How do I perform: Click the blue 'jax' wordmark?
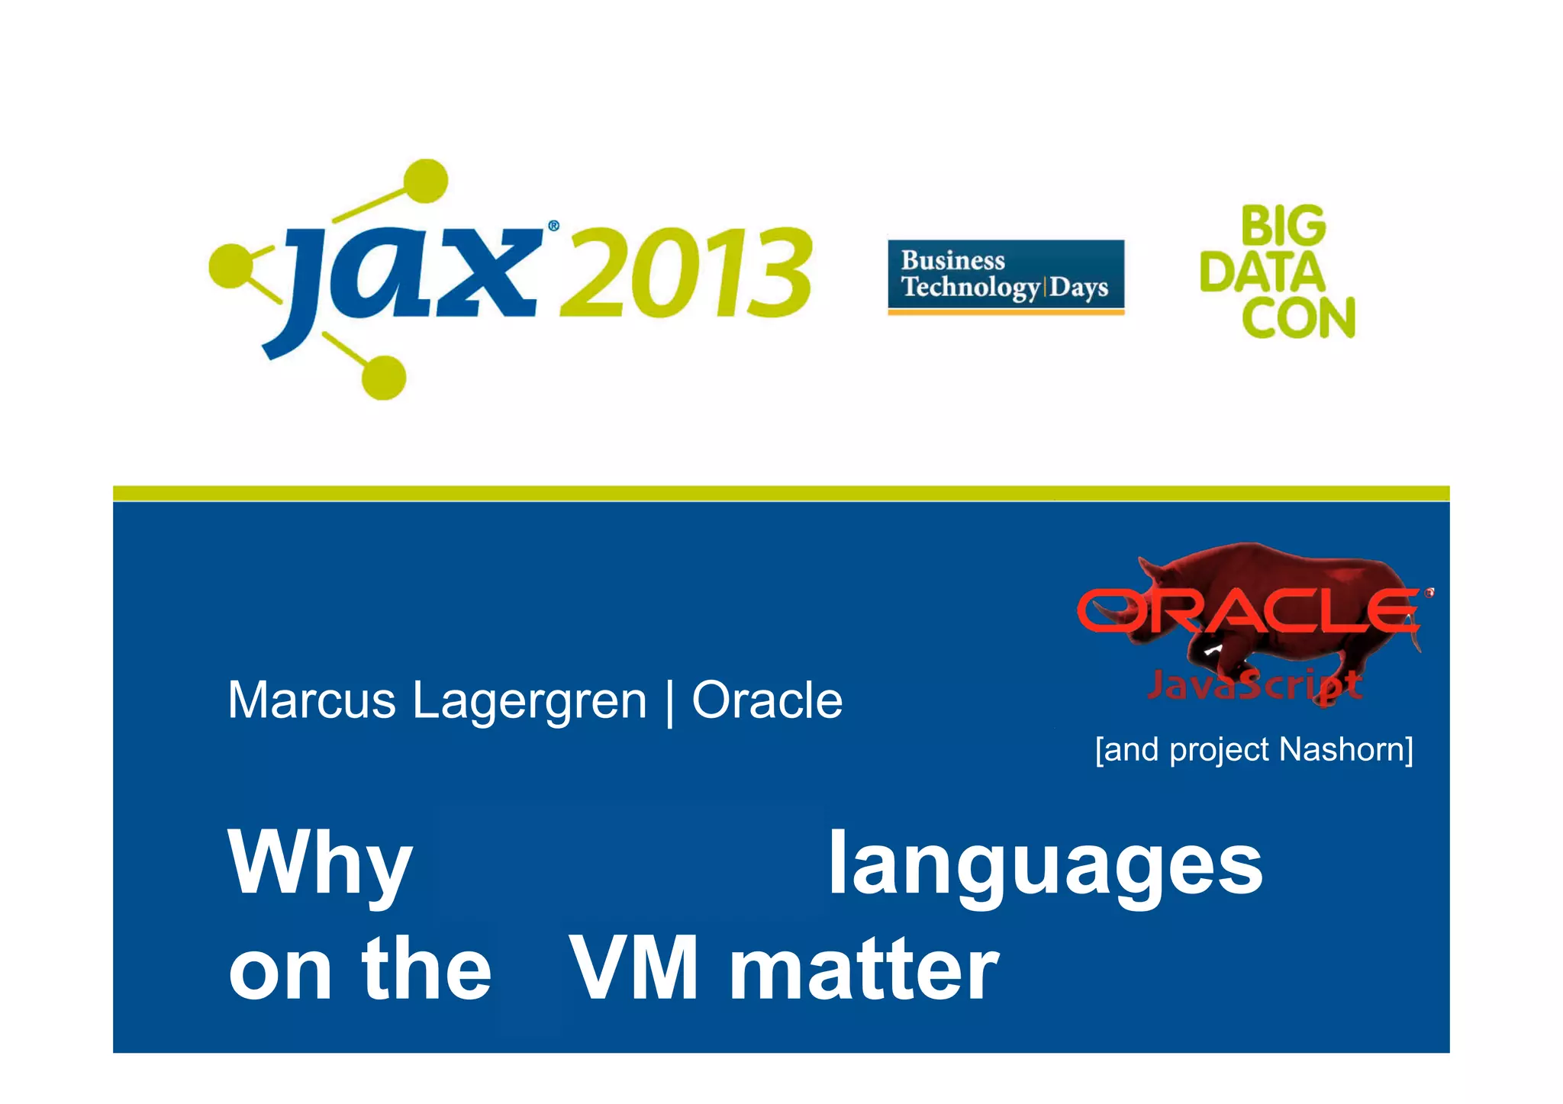pos(404,275)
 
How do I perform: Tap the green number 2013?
pos(685,273)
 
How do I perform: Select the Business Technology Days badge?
pos(1006,276)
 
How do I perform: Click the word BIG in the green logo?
pos(1284,227)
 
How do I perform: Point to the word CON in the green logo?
pos(1298,317)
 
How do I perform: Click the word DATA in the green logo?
pos(1262,272)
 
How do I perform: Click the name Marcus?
pos(311,700)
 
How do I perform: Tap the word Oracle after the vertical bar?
pos(767,700)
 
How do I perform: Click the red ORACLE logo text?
pos(1252,610)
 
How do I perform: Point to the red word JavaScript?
pos(1255,685)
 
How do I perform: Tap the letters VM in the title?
pos(634,969)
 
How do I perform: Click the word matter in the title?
pos(864,969)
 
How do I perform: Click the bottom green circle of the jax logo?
pos(383,377)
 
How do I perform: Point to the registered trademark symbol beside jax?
pos(553,226)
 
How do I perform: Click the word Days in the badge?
pos(1078,288)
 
